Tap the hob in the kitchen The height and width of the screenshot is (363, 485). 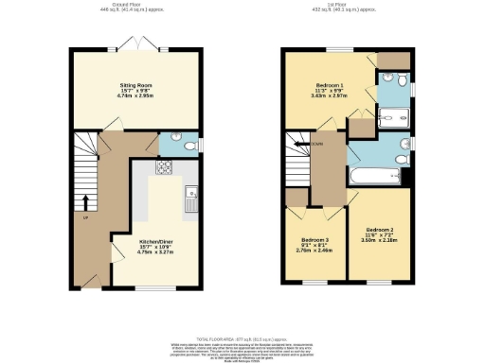162,169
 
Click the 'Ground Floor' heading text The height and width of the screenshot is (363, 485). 121,4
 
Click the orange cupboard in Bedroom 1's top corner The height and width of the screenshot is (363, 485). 388,60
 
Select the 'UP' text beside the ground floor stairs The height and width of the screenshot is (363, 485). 86,217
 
